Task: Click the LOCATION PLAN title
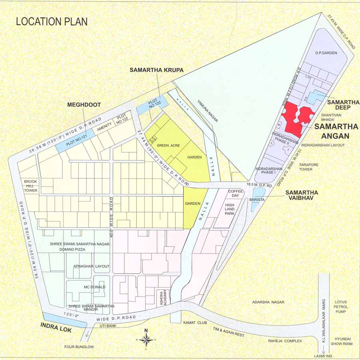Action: pyautogui.click(x=52, y=21)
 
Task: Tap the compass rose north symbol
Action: pyautogui.click(x=146, y=340)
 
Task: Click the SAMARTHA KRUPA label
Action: pyautogui.click(x=156, y=70)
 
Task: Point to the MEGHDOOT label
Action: pyautogui.click(x=84, y=105)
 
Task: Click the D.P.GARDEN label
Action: pyautogui.click(x=326, y=53)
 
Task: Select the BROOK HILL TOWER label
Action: pyautogui.click(x=30, y=186)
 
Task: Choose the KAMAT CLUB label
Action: pyautogui.click(x=195, y=322)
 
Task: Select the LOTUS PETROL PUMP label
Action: pyautogui.click(x=340, y=305)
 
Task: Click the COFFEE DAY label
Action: pyautogui.click(x=236, y=194)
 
